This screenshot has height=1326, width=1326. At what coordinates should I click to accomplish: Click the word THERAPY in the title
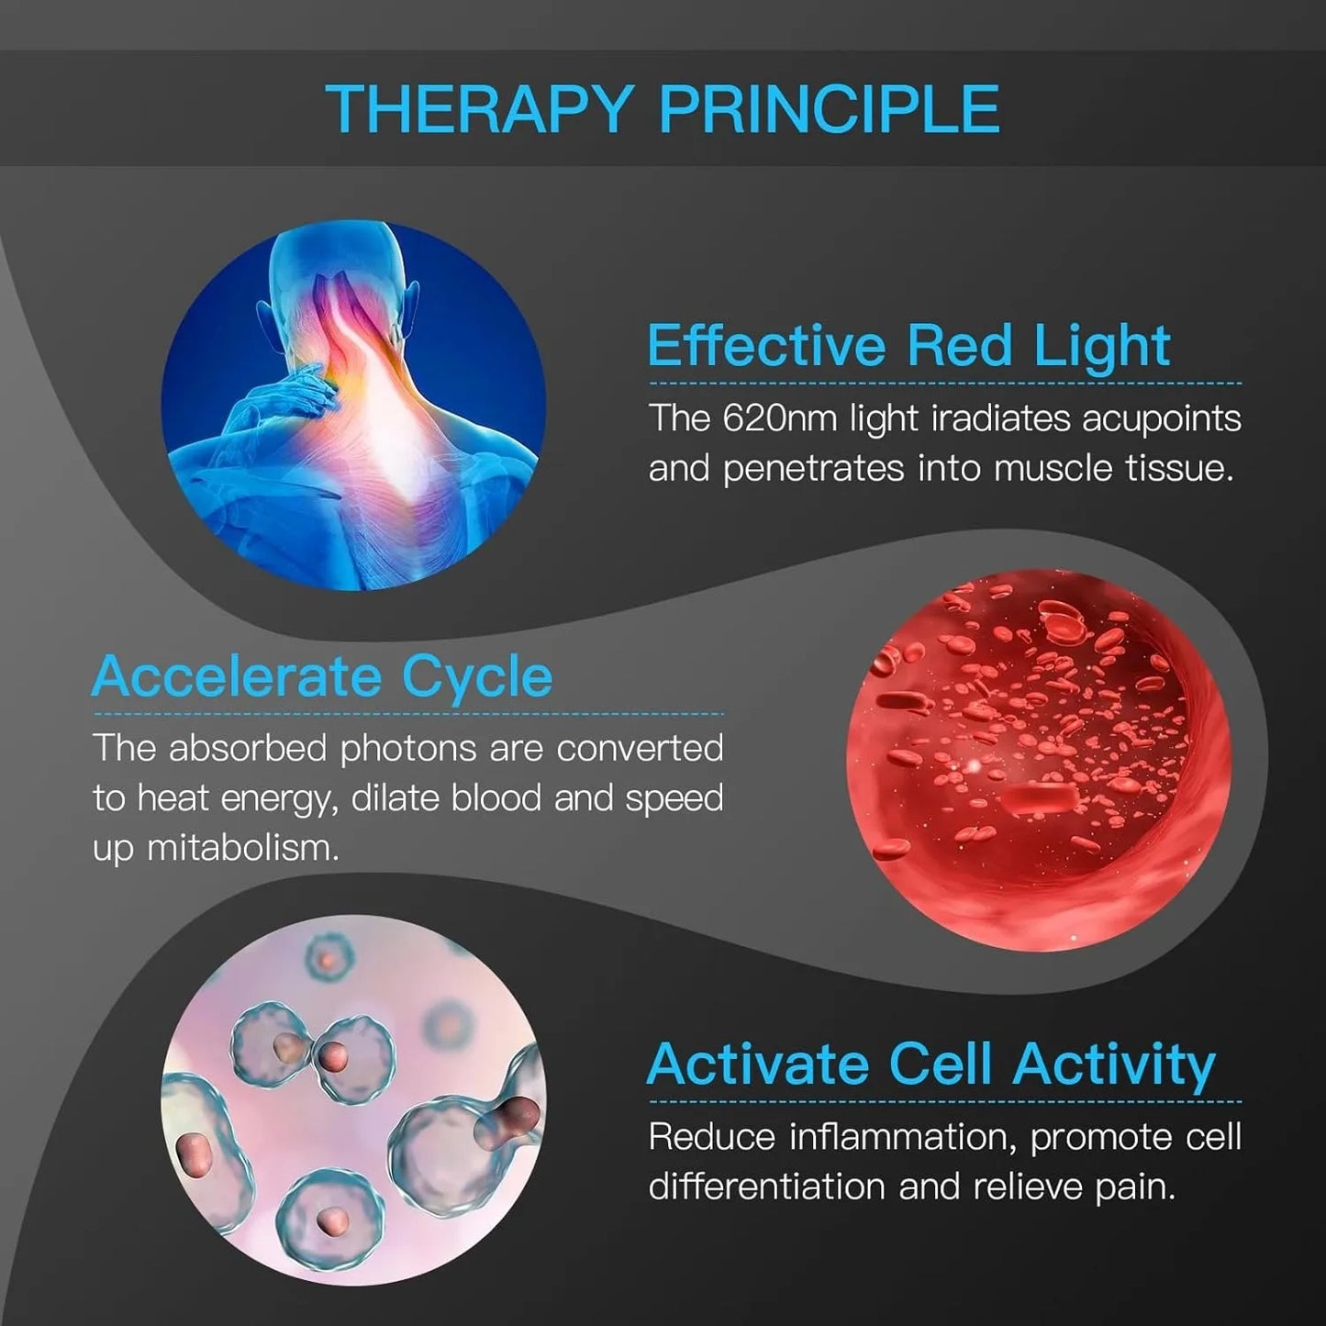pos(477,109)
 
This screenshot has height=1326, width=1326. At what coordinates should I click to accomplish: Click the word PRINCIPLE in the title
pos(829,109)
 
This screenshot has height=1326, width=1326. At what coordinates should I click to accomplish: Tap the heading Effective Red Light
pos(908,346)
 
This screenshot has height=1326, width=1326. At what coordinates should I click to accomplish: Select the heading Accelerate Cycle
pos(322,677)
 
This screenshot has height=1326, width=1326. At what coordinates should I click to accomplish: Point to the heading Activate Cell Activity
pos(930,1064)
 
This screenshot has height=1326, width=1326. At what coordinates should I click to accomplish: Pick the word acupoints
pos(1161,418)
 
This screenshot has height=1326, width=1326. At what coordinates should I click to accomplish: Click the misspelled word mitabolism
pos(242,848)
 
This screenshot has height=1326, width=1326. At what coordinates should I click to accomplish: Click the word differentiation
pos(767,1187)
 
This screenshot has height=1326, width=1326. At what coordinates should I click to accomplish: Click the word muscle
pos(1053,469)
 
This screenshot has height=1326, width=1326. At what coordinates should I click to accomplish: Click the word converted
pos(640,749)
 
